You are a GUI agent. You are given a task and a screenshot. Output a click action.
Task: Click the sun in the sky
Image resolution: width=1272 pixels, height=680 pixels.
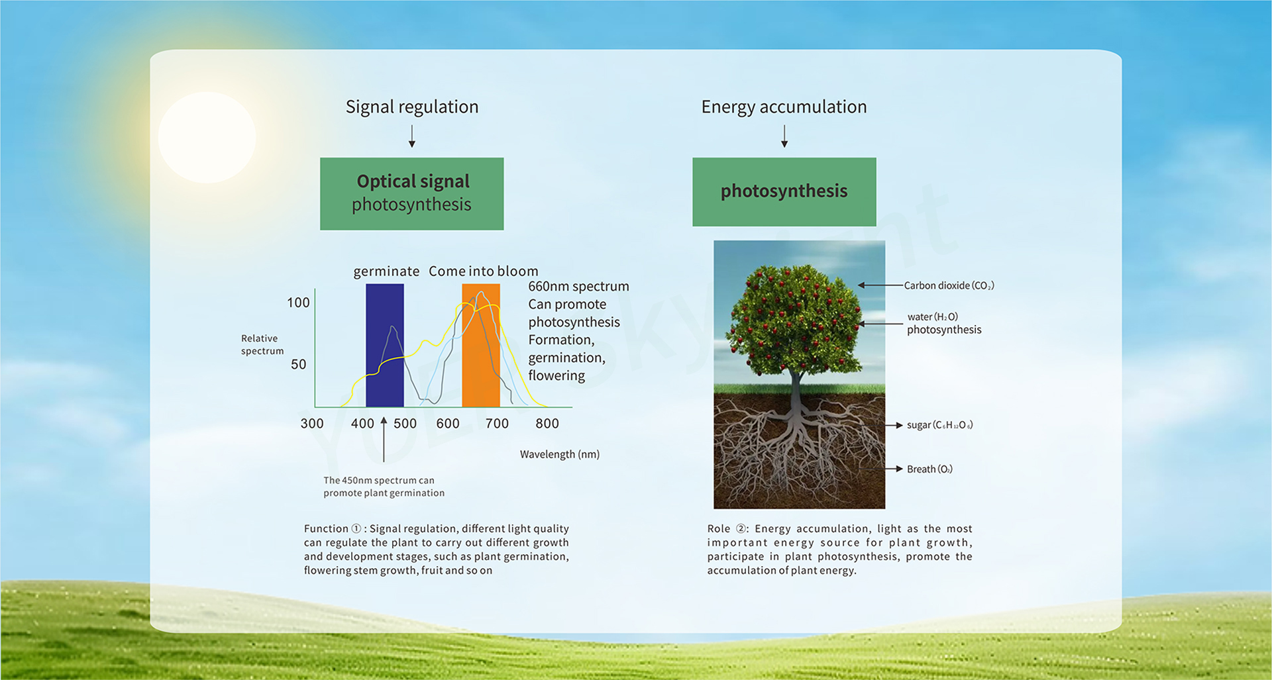coord(207,137)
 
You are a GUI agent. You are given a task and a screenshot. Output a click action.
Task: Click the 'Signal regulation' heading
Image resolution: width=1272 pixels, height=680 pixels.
coord(412,107)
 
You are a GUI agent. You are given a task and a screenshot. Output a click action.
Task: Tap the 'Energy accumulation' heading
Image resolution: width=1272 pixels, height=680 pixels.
coord(784,107)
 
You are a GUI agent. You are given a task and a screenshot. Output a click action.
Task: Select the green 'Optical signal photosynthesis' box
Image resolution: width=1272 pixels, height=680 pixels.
coord(411,194)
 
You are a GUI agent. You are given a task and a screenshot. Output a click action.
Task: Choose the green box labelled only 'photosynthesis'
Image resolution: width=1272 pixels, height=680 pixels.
coord(784,192)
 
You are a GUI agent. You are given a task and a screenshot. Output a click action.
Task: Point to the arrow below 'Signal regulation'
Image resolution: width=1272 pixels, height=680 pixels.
coord(412,135)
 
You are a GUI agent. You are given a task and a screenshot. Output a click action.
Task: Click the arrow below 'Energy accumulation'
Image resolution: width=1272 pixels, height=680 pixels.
coord(784,135)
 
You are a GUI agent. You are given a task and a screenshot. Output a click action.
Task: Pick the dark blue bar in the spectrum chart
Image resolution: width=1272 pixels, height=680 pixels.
coord(384,345)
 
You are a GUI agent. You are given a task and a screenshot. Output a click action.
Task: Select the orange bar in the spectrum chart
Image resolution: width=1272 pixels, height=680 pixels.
coord(481,345)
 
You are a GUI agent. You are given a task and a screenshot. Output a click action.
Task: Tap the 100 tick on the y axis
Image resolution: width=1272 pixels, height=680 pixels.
coord(298,303)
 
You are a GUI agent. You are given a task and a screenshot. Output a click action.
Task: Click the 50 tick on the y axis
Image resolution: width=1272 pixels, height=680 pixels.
coord(299,364)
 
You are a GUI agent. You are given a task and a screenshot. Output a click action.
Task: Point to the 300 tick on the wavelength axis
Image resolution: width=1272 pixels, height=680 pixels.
coord(312,424)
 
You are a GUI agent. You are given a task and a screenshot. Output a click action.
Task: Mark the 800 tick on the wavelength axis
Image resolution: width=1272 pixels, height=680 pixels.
coord(547,424)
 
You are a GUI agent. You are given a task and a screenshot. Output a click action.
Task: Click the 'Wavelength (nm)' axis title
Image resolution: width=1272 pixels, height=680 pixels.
coord(560,454)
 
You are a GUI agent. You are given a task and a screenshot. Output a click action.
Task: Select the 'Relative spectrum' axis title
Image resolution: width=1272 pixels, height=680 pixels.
coord(262,344)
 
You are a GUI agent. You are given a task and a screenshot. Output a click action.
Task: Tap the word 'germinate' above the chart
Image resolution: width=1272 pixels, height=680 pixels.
coord(386,271)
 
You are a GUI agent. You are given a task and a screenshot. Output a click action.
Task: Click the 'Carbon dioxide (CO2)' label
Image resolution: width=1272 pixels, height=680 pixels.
coord(949,285)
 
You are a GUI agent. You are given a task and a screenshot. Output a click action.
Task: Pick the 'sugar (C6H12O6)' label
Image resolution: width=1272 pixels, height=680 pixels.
coord(940,425)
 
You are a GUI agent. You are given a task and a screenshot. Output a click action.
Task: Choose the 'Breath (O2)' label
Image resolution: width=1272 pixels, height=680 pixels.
coord(929,469)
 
